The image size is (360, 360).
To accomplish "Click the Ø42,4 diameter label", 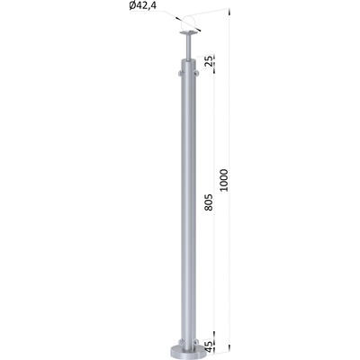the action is pyautogui.click(x=143, y=6).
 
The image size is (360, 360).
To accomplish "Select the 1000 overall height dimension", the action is pyautogui.click(x=225, y=180).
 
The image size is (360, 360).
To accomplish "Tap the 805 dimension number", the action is pyautogui.click(x=210, y=202).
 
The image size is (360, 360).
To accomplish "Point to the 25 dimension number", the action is pyautogui.click(x=209, y=60).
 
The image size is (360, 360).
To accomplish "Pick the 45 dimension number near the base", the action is pyautogui.click(x=210, y=345).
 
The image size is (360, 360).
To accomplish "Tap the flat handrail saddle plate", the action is pyautogui.click(x=189, y=32).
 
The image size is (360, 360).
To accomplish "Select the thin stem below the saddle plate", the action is pyautogui.click(x=189, y=47).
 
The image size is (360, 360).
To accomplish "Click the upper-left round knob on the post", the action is pyautogui.click(x=180, y=73).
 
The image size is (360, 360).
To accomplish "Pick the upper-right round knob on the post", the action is pyautogui.click(x=197, y=73).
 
